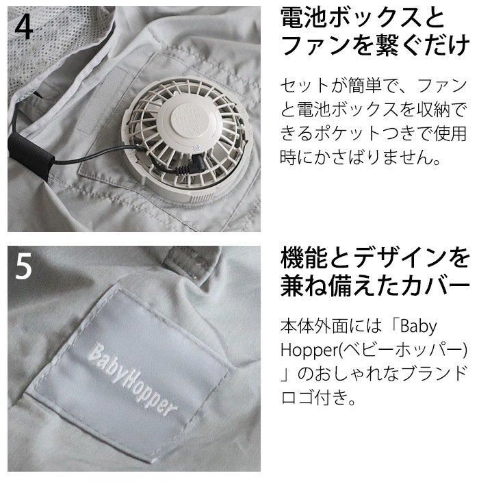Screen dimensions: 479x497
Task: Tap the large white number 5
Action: point(25,266)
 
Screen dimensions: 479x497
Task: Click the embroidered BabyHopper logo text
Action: point(133,379)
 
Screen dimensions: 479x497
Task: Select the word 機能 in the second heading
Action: point(304,258)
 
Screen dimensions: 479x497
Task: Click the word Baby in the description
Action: point(419,327)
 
